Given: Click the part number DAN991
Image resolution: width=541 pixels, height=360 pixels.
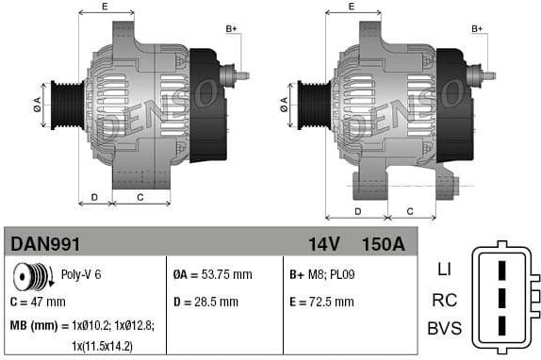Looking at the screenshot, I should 45,244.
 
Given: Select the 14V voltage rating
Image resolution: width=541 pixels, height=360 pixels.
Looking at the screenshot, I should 323,244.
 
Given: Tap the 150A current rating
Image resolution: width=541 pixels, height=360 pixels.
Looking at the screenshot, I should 383,244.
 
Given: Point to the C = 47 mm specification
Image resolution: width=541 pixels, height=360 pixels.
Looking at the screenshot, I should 38,302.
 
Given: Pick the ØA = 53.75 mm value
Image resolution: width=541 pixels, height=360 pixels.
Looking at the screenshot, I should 213,275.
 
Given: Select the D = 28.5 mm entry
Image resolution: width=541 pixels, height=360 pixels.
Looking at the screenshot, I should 206,302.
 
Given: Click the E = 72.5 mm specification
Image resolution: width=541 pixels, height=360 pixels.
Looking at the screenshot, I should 322,302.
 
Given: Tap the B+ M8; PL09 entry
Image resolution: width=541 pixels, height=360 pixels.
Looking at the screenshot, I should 320,275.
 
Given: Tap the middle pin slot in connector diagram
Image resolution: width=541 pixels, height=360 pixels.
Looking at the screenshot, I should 501,300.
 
